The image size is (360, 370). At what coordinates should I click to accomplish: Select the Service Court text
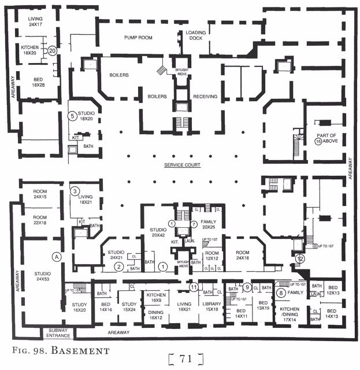[181, 165]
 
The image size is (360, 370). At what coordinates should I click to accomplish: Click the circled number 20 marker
[52, 51]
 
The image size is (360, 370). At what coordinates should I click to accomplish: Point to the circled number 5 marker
[73, 116]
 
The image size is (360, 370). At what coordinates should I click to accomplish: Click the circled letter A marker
[57, 256]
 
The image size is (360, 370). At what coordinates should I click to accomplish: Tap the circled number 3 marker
[75, 191]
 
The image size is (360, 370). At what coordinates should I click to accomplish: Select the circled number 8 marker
[281, 293]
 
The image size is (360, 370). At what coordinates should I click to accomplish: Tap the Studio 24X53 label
[42, 276]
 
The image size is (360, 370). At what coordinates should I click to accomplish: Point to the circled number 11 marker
[194, 286]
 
